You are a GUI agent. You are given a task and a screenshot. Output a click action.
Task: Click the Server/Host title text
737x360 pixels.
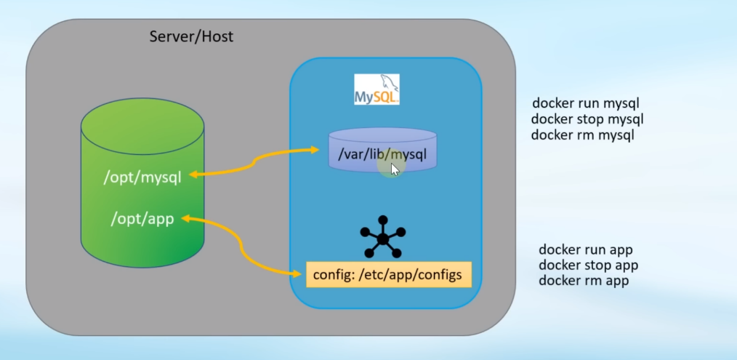(191, 36)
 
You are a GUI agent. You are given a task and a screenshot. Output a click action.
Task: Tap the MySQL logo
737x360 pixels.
(376, 89)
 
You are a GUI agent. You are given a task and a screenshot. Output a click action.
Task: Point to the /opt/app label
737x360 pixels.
(142, 218)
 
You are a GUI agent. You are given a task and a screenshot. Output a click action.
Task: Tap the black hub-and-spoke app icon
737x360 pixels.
(383, 237)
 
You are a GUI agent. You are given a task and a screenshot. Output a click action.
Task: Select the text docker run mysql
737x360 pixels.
(586, 103)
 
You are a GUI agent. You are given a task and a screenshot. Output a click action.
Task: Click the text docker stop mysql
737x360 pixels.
(587, 119)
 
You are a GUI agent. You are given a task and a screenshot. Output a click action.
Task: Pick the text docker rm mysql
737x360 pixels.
(583, 135)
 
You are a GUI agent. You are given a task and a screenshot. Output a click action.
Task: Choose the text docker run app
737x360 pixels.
(586, 249)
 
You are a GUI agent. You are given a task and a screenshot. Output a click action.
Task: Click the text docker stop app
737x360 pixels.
(588, 265)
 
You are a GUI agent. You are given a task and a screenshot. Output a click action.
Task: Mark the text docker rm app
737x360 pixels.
(584, 281)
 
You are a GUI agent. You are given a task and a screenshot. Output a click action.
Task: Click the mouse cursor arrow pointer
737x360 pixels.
(395, 169)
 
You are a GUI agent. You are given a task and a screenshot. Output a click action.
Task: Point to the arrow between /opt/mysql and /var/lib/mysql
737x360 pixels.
(254, 162)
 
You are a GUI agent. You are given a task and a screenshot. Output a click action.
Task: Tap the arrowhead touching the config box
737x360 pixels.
(297, 274)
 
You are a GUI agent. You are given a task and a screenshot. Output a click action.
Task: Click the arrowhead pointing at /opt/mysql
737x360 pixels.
(196, 175)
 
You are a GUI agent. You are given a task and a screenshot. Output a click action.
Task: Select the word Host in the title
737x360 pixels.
(217, 36)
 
